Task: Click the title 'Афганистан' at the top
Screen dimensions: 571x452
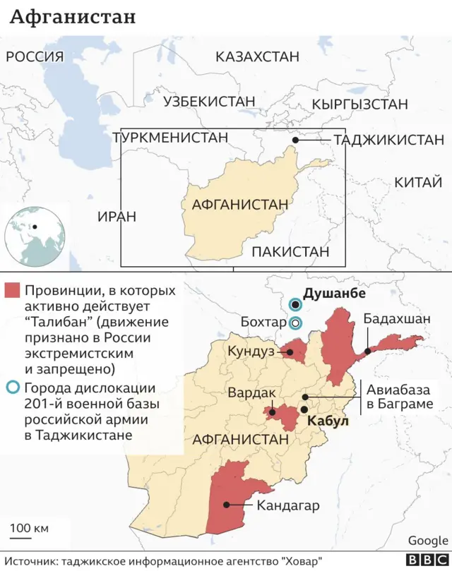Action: [x=73, y=17]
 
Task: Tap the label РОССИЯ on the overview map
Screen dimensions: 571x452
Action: [x=35, y=57]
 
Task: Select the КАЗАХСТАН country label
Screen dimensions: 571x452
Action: [x=257, y=57]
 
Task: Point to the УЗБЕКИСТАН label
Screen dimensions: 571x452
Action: [x=209, y=102]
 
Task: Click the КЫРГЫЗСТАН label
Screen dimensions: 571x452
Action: [x=359, y=104]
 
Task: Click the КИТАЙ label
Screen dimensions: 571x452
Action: [x=417, y=183]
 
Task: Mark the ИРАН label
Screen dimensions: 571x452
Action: [x=117, y=217]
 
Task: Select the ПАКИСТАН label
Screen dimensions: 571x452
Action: [x=290, y=251]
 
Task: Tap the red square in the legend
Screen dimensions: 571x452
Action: [x=12, y=291]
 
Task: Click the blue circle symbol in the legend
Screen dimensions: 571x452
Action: [x=12, y=387]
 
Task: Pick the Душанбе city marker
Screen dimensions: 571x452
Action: [x=295, y=305]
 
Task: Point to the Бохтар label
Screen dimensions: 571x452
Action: [x=263, y=323]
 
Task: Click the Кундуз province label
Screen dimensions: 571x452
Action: [x=251, y=351]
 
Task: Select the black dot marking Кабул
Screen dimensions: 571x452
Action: [x=304, y=409]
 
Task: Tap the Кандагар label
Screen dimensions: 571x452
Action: [x=288, y=505]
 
